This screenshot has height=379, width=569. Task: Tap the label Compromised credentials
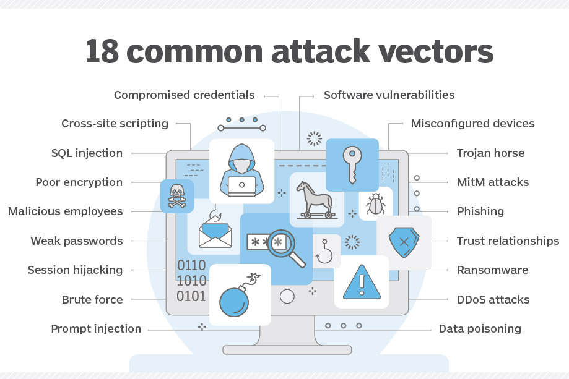pyautogui.click(x=184, y=95)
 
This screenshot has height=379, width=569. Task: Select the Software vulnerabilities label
pyautogui.click(x=389, y=95)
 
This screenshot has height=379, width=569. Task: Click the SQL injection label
pyautogui.click(x=87, y=153)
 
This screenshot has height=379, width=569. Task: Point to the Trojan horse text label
pyautogui.click(x=490, y=153)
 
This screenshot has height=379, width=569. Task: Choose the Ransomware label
pyautogui.click(x=492, y=270)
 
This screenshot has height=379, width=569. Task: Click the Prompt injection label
pyautogui.click(x=96, y=329)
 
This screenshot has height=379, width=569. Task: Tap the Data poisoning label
pyautogui.click(x=480, y=329)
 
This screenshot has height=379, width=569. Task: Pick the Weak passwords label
pyautogui.click(x=77, y=241)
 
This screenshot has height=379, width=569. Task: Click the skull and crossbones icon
pyautogui.click(x=176, y=196)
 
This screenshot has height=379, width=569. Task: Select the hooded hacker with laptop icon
pyautogui.click(x=241, y=168)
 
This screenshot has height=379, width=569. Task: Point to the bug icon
pyautogui.click(x=375, y=203)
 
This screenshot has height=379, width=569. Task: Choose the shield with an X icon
pyautogui.click(x=403, y=242)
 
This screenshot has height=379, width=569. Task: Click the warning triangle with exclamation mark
pyautogui.click(x=361, y=281)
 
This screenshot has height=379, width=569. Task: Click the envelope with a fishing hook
pyautogui.click(x=214, y=230)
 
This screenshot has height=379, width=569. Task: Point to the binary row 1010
pyautogui.click(x=191, y=281)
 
